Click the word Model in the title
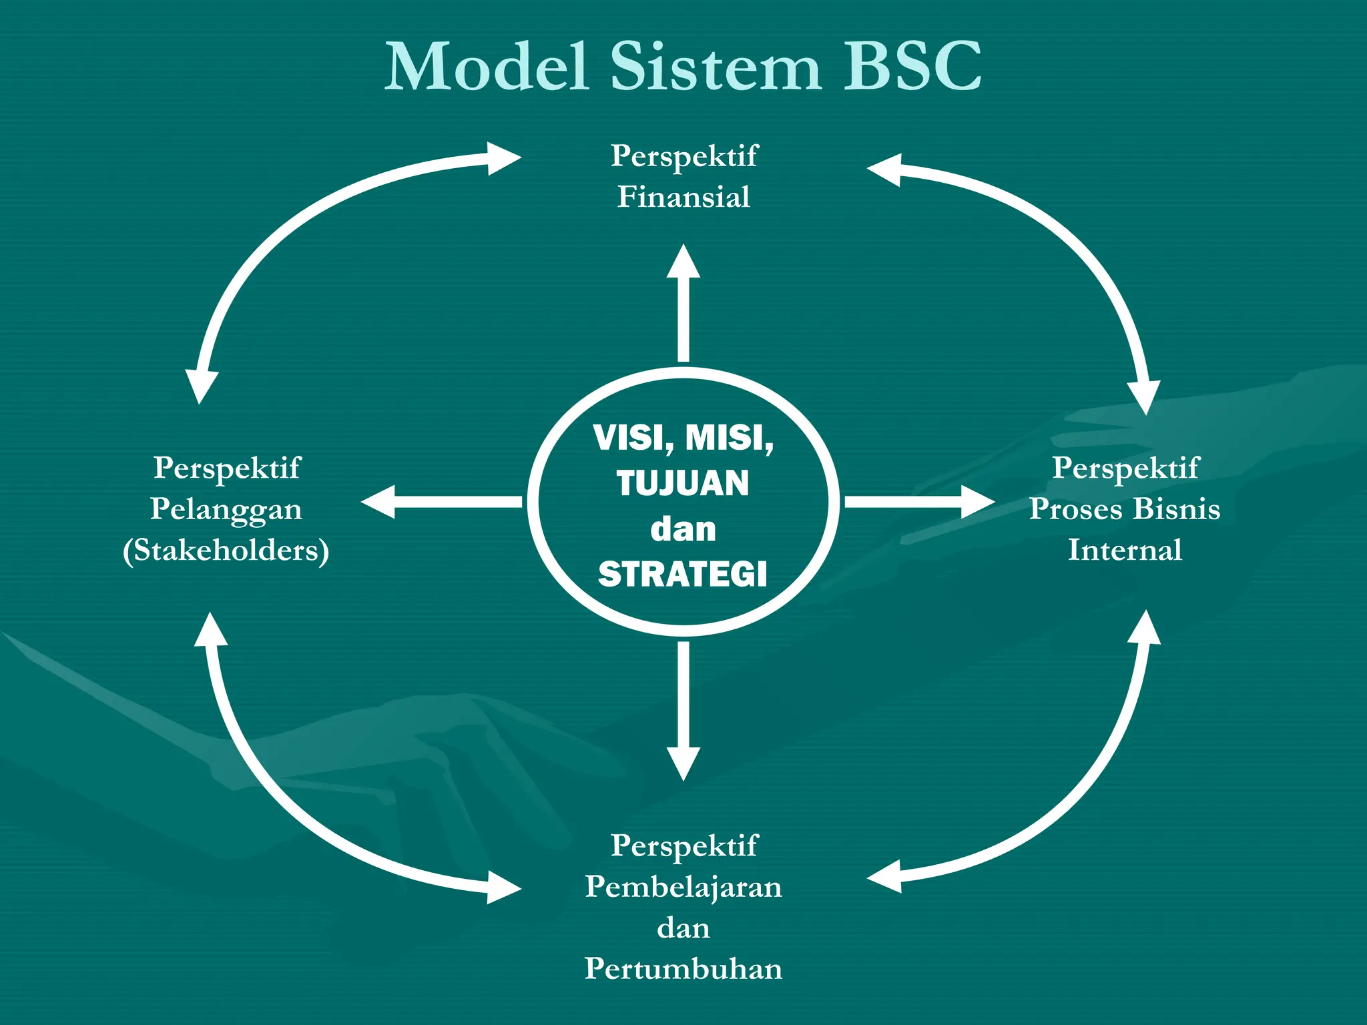[487, 67]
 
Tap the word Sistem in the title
[716, 67]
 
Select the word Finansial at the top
[683, 197]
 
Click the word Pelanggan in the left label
[226, 510]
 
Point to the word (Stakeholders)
[226, 551]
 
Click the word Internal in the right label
[1125, 551]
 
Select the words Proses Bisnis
[1125, 509]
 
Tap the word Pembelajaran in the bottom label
[683, 887]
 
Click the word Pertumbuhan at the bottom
[683, 969]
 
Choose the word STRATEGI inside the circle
[683, 575]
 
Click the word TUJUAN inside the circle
[683, 483]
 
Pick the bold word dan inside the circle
[683, 529]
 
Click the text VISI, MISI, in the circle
[683, 438]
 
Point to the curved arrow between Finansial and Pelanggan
[294, 227]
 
